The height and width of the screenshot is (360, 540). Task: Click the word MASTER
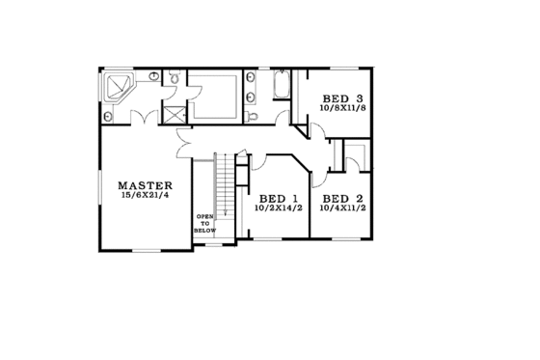point(145,185)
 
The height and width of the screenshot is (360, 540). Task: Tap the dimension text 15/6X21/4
point(145,196)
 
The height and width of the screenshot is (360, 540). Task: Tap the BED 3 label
point(342,98)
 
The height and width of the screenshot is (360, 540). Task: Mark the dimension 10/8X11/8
point(342,109)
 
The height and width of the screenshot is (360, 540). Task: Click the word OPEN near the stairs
point(203,216)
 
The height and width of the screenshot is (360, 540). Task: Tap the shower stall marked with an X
point(175,114)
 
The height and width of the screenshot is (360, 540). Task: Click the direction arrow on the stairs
point(225,208)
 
